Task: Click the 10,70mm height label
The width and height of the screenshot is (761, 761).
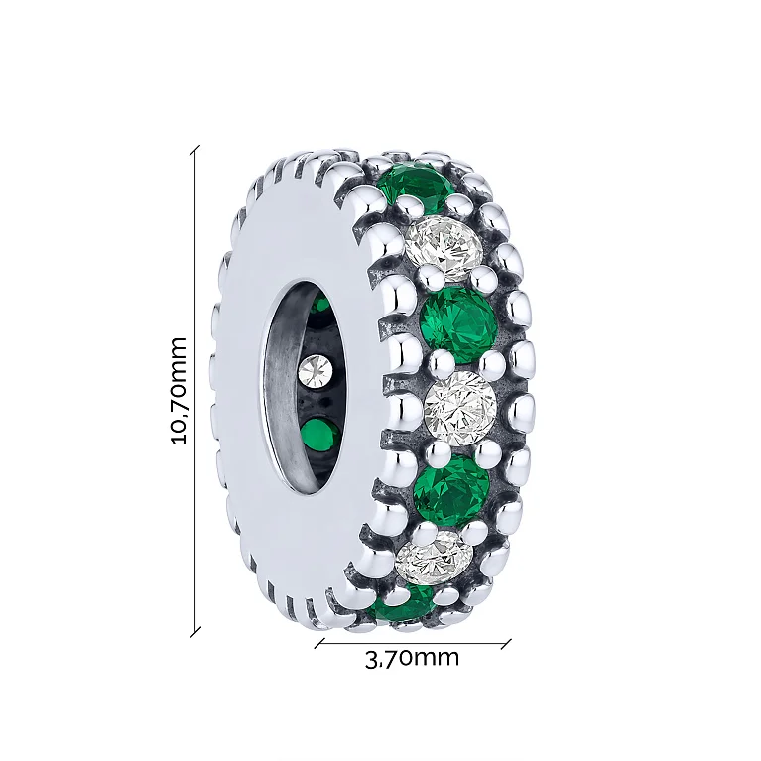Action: (x=179, y=390)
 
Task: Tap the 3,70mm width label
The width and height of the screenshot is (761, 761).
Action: (x=412, y=658)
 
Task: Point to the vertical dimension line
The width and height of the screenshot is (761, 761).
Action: (x=195, y=391)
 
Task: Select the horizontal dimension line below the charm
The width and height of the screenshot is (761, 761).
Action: (x=413, y=644)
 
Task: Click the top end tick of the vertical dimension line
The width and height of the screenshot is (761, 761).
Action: (x=195, y=150)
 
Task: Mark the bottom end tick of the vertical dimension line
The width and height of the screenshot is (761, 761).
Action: (x=195, y=632)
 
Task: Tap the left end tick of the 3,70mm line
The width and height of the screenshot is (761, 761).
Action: (x=319, y=644)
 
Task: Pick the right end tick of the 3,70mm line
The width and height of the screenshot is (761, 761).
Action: (x=506, y=644)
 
